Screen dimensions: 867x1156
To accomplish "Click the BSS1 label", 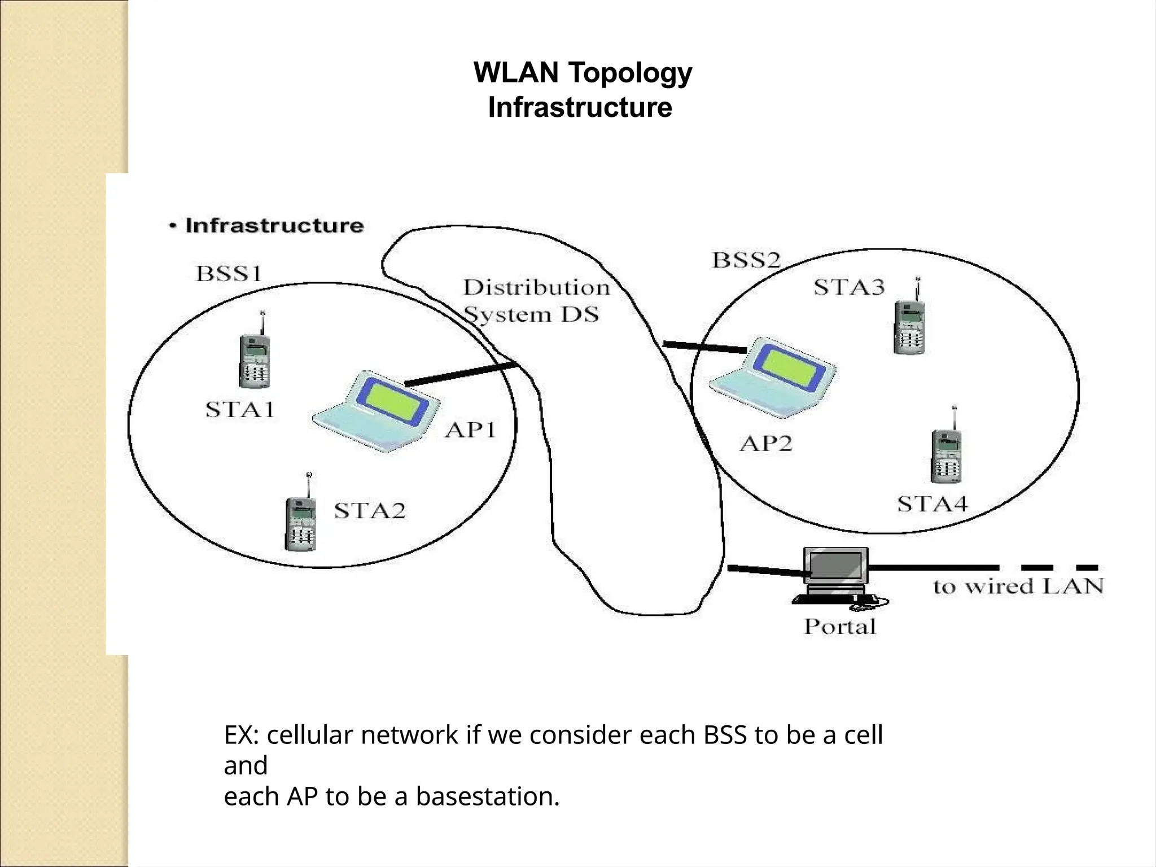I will [229, 274].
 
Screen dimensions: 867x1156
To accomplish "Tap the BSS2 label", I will [746, 260].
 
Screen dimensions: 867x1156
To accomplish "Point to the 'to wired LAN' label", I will [1018, 586].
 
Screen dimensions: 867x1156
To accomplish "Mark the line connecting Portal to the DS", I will [768, 571].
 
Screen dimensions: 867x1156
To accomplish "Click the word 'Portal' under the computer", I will [840, 627].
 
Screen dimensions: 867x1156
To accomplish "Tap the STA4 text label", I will [932, 503].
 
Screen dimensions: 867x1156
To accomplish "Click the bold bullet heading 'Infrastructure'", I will [274, 226].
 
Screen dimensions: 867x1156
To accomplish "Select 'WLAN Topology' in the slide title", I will [583, 73].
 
